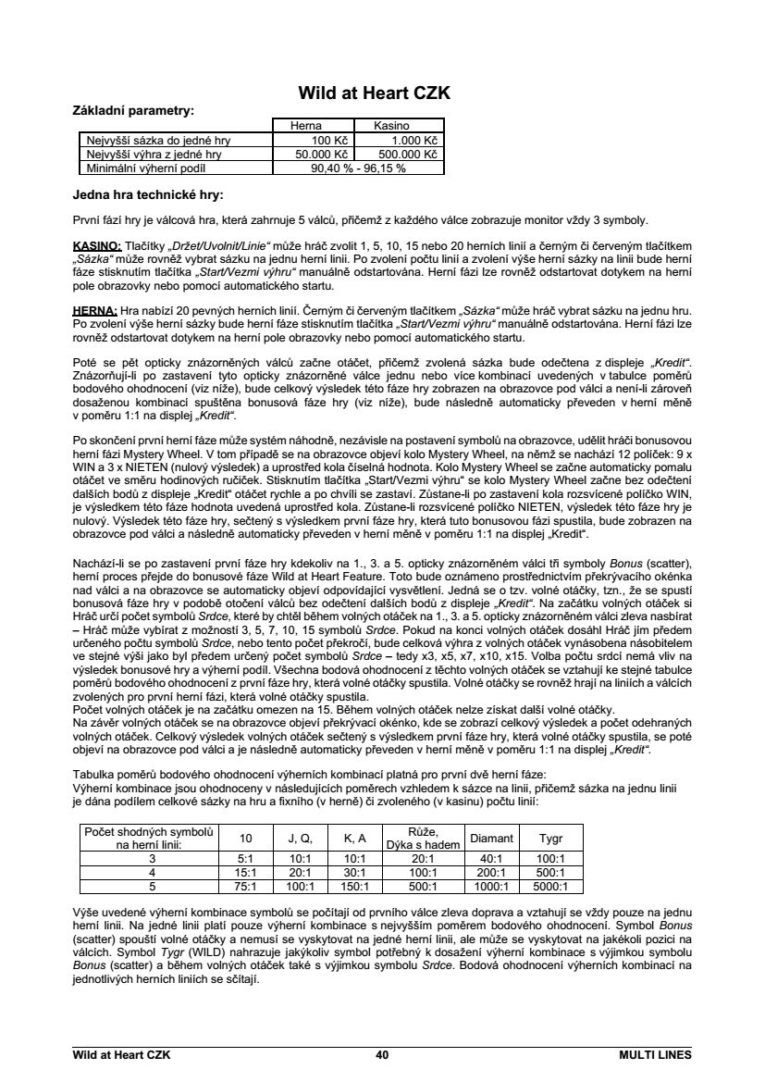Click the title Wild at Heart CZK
(374, 93)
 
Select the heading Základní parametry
(133, 110)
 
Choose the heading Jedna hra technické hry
(148, 195)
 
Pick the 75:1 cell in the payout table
(246, 886)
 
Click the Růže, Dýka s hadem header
(422, 838)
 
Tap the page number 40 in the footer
(382, 1053)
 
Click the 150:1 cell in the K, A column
(355, 886)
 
